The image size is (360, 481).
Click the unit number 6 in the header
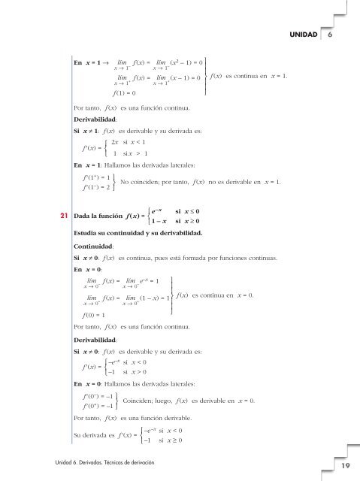pos(329,35)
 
